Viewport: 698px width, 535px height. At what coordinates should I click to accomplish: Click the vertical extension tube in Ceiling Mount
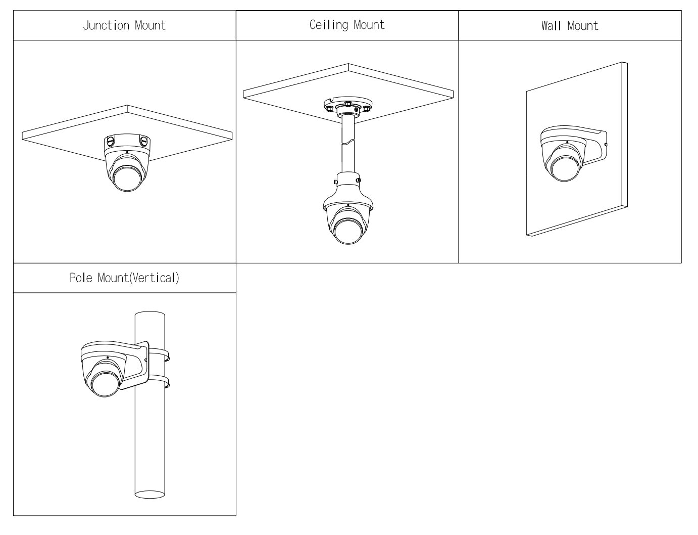[x=348, y=144]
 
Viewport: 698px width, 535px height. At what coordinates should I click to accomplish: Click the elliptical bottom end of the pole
[x=150, y=493]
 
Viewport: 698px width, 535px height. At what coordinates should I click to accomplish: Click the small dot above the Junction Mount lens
[x=127, y=152]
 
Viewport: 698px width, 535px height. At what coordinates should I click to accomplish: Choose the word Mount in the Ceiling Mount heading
[x=369, y=25]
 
